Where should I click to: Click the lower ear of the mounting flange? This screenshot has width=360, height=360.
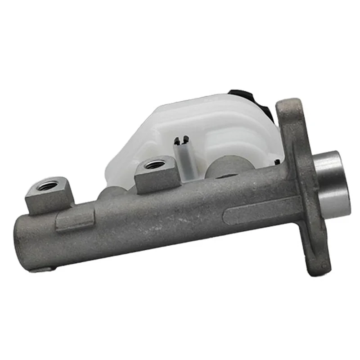click(x=318, y=256)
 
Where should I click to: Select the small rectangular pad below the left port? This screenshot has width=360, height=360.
click(x=75, y=220)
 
